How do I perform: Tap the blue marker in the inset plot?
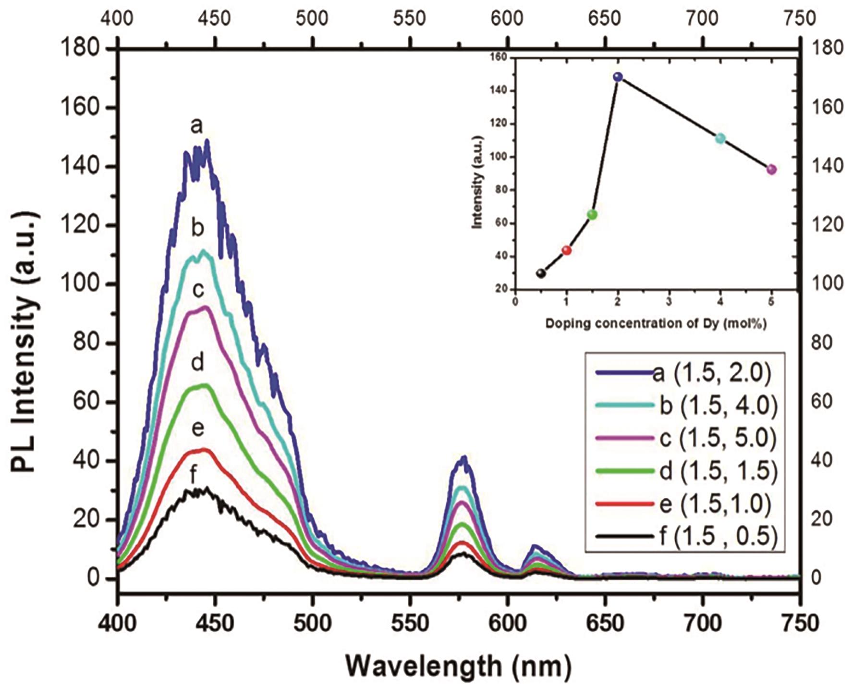point(618,77)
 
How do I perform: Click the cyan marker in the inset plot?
point(720,139)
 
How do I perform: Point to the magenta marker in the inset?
point(771,170)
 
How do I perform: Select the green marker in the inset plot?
point(592,215)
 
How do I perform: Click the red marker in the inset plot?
point(567,250)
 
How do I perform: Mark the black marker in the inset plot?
point(541,273)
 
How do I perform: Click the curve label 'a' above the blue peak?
point(196,126)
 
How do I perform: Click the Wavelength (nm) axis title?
point(459,666)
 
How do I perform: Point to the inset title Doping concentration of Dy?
point(656,323)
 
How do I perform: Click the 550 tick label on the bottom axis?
point(410,624)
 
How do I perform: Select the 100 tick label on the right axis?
point(826,283)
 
